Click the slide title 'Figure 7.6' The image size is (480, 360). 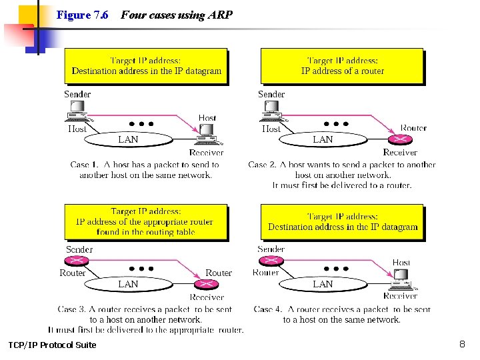tap(83, 15)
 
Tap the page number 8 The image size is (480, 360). tap(462, 344)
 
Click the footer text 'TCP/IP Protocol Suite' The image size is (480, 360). tap(52, 345)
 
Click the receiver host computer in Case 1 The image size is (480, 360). tap(206, 136)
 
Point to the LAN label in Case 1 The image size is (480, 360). tap(128, 139)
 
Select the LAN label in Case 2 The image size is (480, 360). tap(323, 139)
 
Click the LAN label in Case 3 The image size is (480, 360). tap(128, 284)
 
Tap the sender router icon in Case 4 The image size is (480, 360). tap(271, 261)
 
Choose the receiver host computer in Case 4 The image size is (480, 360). tap(401, 280)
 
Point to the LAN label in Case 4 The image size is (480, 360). tap(323, 284)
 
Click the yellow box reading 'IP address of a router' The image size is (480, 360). tap(342, 66)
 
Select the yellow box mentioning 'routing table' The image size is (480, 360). tap(145, 221)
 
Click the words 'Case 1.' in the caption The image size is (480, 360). tap(85, 165)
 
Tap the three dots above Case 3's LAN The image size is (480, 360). tap(142, 269)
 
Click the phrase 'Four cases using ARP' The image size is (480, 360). tap(177, 15)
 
